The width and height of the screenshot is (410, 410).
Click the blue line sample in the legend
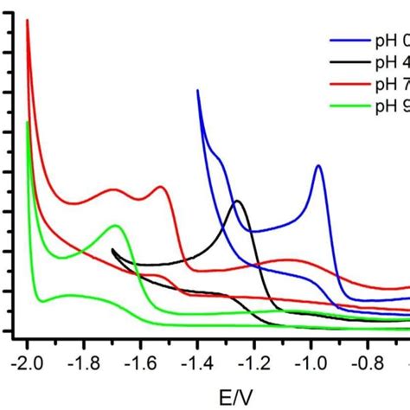(349, 40)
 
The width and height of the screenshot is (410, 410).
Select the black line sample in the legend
(349, 61)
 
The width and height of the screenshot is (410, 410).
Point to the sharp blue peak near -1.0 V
(319, 165)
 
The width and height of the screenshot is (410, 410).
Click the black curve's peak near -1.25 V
(236, 202)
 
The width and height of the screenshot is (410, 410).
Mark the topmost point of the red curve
(28, 20)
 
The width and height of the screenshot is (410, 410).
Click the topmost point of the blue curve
(198, 90)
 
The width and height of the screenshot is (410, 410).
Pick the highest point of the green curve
(28, 122)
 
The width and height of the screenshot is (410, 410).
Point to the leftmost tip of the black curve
(112, 250)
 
